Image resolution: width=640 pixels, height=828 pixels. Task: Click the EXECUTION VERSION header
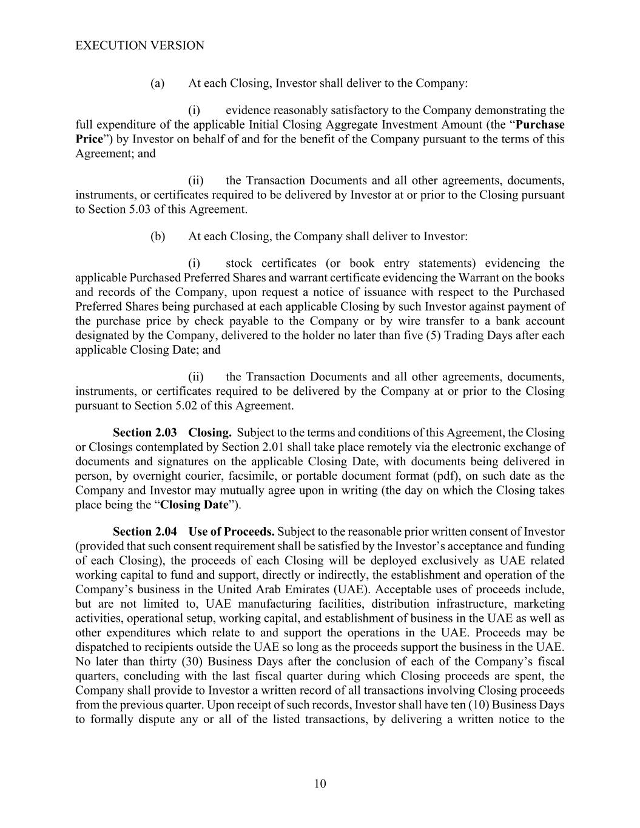(x=140, y=45)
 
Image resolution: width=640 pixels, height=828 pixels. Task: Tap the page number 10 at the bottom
(x=320, y=783)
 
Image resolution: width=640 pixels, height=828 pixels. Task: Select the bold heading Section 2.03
(x=145, y=433)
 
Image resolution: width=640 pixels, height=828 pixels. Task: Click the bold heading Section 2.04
(x=145, y=531)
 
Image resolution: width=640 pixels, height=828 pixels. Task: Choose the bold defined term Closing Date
(x=194, y=505)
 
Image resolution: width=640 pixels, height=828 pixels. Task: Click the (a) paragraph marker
(x=158, y=83)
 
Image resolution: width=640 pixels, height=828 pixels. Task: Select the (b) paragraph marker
(x=158, y=236)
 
